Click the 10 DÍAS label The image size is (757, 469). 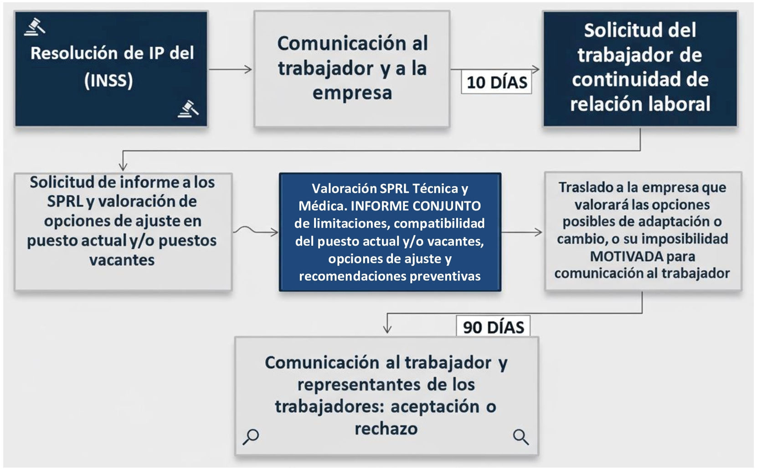(x=496, y=82)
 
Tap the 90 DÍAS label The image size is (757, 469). (x=493, y=327)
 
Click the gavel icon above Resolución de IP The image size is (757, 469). (x=35, y=27)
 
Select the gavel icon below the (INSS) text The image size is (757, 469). (x=188, y=109)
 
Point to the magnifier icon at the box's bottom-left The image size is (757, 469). (x=251, y=436)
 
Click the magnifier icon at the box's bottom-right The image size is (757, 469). (x=520, y=437)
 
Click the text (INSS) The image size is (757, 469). (x=108, y=81)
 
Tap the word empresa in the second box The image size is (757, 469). (x=352, y=93)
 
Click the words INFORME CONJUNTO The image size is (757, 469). (x=415, y=206)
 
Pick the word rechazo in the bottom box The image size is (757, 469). (x=386, y=428)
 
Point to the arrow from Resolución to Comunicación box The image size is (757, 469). (x=231, y=69)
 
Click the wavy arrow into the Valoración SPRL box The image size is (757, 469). (x=255, y=231)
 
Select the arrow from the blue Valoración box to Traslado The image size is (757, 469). (x=522, y=232)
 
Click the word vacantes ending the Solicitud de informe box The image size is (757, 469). (x=122, y=260)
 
